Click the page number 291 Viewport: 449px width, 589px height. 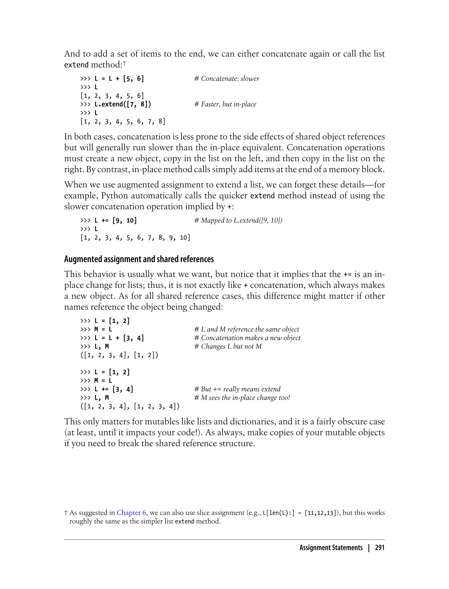pos(380,548)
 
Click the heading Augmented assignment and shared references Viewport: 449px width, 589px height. pos(139,259)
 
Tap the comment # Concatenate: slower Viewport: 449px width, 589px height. pos(227,78)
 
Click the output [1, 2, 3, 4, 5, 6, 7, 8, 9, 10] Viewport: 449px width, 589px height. pos(135,238)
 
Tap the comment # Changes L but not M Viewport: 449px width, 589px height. pos(228,346)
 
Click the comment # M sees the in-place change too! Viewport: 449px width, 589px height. pos(242,398)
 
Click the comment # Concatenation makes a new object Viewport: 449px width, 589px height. pos(247,338)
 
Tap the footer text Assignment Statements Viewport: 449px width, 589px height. pos(331,548)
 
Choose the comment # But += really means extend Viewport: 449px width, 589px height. pos(237,389)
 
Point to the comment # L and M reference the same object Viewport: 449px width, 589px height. pos(246,329)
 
